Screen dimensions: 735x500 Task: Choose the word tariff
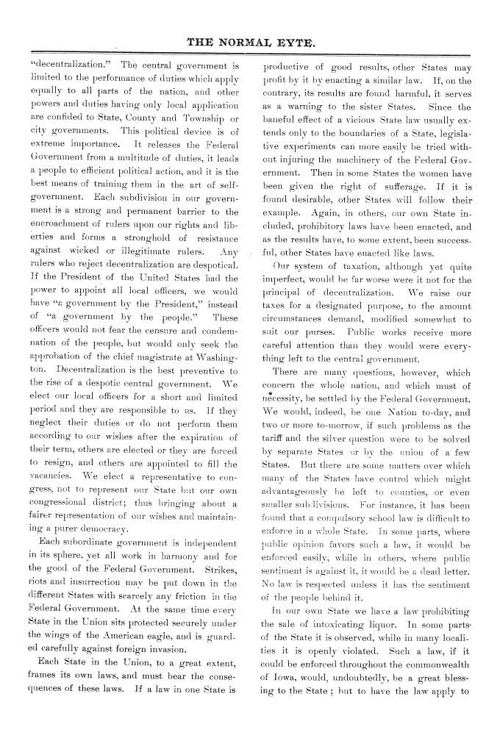(279, 424)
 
